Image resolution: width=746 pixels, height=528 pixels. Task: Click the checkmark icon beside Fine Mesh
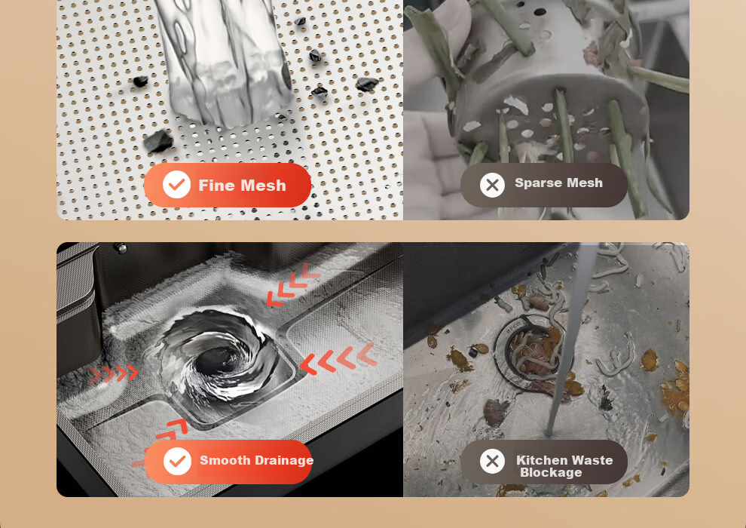[176, 185]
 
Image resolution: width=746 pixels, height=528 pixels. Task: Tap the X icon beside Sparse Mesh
[492, 185]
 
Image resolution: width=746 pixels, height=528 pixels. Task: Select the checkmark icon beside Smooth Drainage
[178, 462]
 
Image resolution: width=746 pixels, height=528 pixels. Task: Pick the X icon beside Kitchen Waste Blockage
[492, 461]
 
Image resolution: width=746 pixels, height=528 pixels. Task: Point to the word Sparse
[537, 183]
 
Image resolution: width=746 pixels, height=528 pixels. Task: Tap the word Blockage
[551, 472]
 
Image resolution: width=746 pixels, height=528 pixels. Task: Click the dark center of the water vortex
[218, 363]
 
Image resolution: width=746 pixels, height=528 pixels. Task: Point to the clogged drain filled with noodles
[535, 352]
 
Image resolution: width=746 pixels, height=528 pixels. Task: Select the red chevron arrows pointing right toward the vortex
[115, 373]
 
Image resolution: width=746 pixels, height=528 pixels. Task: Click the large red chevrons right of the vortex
[339, 358]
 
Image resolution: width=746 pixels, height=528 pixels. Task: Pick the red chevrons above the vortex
[292, 284]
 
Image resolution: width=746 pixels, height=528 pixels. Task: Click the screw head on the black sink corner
[121, 248]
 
